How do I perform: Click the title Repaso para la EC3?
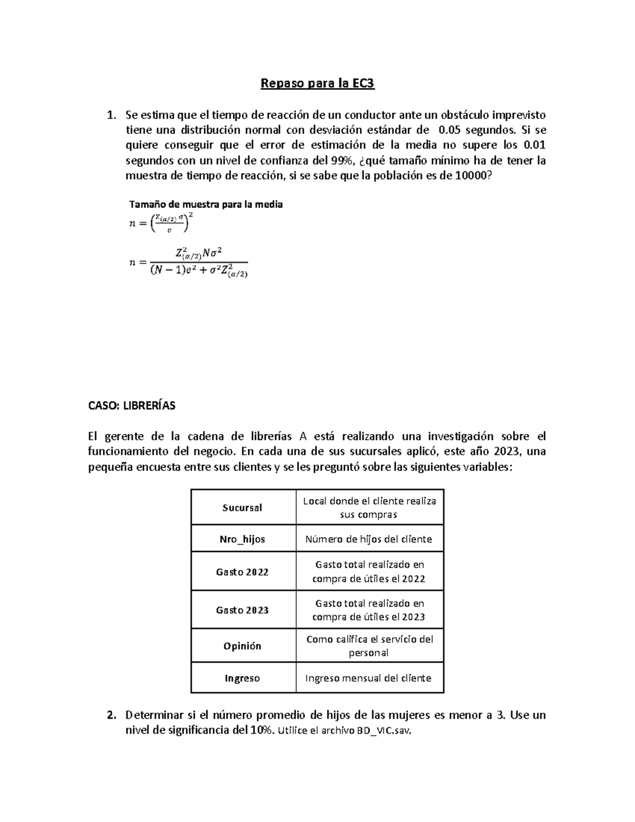(x=317, y=84)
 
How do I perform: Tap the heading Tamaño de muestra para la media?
(x=206, y=204)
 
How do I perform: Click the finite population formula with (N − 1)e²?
(x=188, y=262)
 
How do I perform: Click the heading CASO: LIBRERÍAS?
(x=131, y=406)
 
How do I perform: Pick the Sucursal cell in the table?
(x=242, y=508)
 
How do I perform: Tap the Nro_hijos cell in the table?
(x=242, y=539)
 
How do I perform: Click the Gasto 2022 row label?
(x=242, y=572)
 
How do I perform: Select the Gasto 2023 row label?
(x=242, y=610)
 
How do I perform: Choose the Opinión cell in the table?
(x=242, y=646)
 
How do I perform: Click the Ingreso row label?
(x=242, y=679)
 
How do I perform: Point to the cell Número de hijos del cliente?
(x=369, y=539)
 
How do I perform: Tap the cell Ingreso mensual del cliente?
(x=369, y=679)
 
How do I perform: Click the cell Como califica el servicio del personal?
(x=369, y=646)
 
